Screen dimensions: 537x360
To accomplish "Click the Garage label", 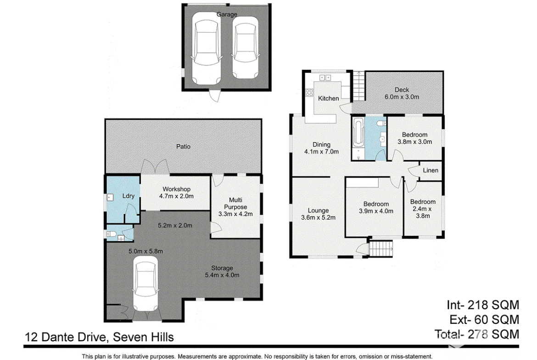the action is coord(227,14).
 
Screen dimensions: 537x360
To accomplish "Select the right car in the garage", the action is coord(245,48).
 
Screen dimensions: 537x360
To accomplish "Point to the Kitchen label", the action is coord(329,98).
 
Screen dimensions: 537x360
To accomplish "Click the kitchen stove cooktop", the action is coord(309,92).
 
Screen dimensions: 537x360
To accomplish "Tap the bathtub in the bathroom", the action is coord(358,132).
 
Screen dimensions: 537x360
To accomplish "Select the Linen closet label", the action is coord(431,170).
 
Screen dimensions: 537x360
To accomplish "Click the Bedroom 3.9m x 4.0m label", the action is coord(376,208).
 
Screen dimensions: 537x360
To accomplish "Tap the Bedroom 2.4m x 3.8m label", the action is coord(423,209).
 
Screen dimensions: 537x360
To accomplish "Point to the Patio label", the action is coord(183,146).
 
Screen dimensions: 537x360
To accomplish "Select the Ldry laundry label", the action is coord(129,196).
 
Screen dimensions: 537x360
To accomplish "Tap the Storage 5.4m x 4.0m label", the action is coord(222,271).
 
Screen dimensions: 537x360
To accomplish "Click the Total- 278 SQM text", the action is coord(477,334).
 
